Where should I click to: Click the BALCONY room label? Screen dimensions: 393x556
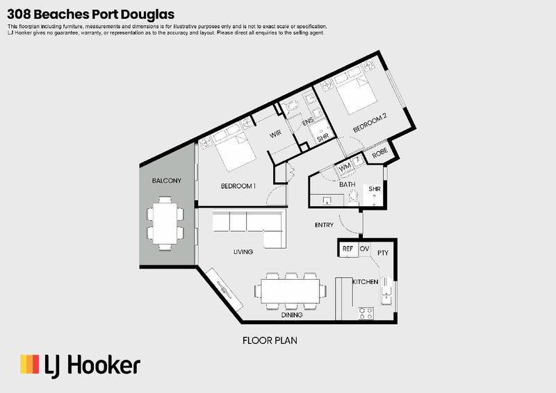166,181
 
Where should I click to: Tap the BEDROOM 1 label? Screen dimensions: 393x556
238,186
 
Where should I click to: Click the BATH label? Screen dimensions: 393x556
347,185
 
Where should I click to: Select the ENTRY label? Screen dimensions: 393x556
325,225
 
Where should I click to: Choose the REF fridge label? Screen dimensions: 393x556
348,249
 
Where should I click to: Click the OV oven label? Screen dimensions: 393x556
364,249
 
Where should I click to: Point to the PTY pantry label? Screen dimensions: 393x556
382,253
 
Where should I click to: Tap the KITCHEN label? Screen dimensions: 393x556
365,282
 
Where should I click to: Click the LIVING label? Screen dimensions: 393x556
243,251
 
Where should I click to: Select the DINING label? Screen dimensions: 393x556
292,315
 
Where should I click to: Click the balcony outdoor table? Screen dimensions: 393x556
166,223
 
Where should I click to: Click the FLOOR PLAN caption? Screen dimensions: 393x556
269,341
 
